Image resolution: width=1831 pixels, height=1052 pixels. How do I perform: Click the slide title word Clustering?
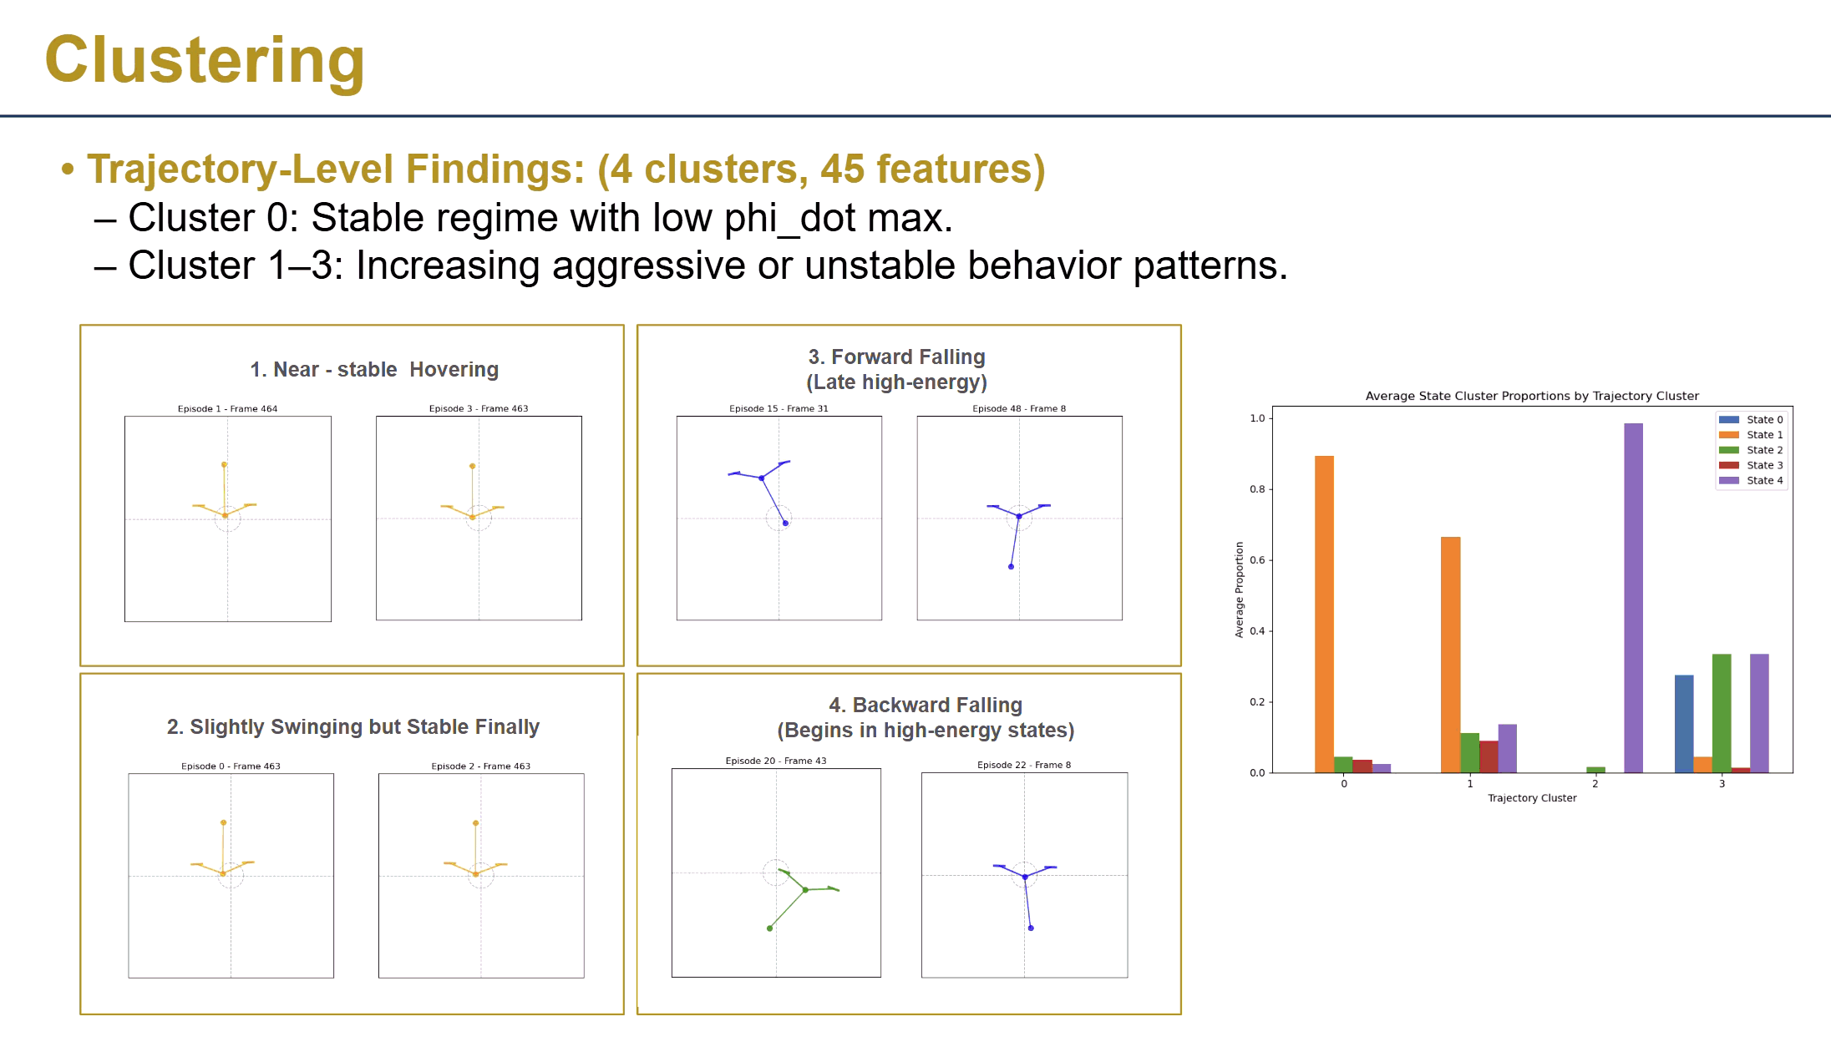[x=205, y=60]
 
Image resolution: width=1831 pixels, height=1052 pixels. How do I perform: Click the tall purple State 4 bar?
[x=1633, y=597]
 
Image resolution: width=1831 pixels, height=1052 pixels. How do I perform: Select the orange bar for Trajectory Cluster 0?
[x=1324, y=614]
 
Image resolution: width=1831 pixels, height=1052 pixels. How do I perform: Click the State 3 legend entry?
[x=1764, y=465]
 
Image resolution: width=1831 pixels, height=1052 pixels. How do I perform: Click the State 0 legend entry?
[x=1764, y=420]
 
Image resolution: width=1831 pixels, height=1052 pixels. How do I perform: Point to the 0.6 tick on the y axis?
[x=1257, y=560]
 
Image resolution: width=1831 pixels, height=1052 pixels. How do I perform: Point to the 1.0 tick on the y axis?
[x=1257, y=418]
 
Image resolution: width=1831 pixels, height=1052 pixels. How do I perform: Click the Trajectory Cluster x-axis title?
[x=1532, y=798]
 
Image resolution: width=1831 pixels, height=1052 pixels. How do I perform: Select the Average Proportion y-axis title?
[x=1239, y=589]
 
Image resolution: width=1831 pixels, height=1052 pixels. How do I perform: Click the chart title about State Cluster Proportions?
[x=1531, y=396]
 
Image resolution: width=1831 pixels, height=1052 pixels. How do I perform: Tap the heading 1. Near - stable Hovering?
[x=374, y=369]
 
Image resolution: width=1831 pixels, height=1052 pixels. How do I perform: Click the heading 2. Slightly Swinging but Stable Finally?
[x=353, y=726]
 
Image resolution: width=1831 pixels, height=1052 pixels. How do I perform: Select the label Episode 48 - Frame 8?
[x=1019, y=408]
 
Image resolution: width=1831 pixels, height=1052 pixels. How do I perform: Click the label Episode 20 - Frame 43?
[x=775, y=761]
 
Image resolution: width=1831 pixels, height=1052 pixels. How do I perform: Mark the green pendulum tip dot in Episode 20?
[x=769, y=928]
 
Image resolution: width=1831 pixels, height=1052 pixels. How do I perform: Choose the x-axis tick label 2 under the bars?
[x=1595, y=784]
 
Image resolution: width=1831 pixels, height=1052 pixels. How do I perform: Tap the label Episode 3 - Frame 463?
[x=479, y=408]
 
